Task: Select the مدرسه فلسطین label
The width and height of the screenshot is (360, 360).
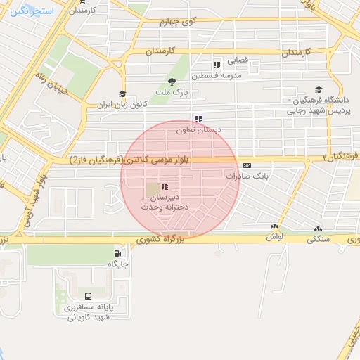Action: [222, 75]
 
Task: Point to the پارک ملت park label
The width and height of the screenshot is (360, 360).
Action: [171, 92]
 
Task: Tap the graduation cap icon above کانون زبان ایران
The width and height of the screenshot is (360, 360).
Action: [122, 94]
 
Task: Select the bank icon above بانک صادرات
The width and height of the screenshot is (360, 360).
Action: [245, 165]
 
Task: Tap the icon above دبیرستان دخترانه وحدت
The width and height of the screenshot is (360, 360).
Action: [165, 186]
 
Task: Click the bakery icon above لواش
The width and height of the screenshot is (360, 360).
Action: [274, 226]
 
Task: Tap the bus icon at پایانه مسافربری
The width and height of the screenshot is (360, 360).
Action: [89, 296]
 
